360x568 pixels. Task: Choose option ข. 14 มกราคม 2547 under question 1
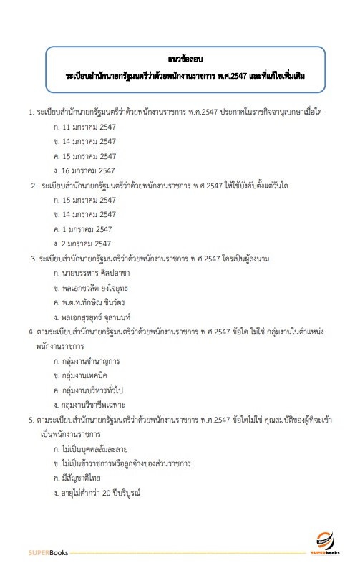click(x=84, y=141)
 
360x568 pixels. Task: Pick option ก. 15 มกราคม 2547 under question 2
click(x=84, y=200)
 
